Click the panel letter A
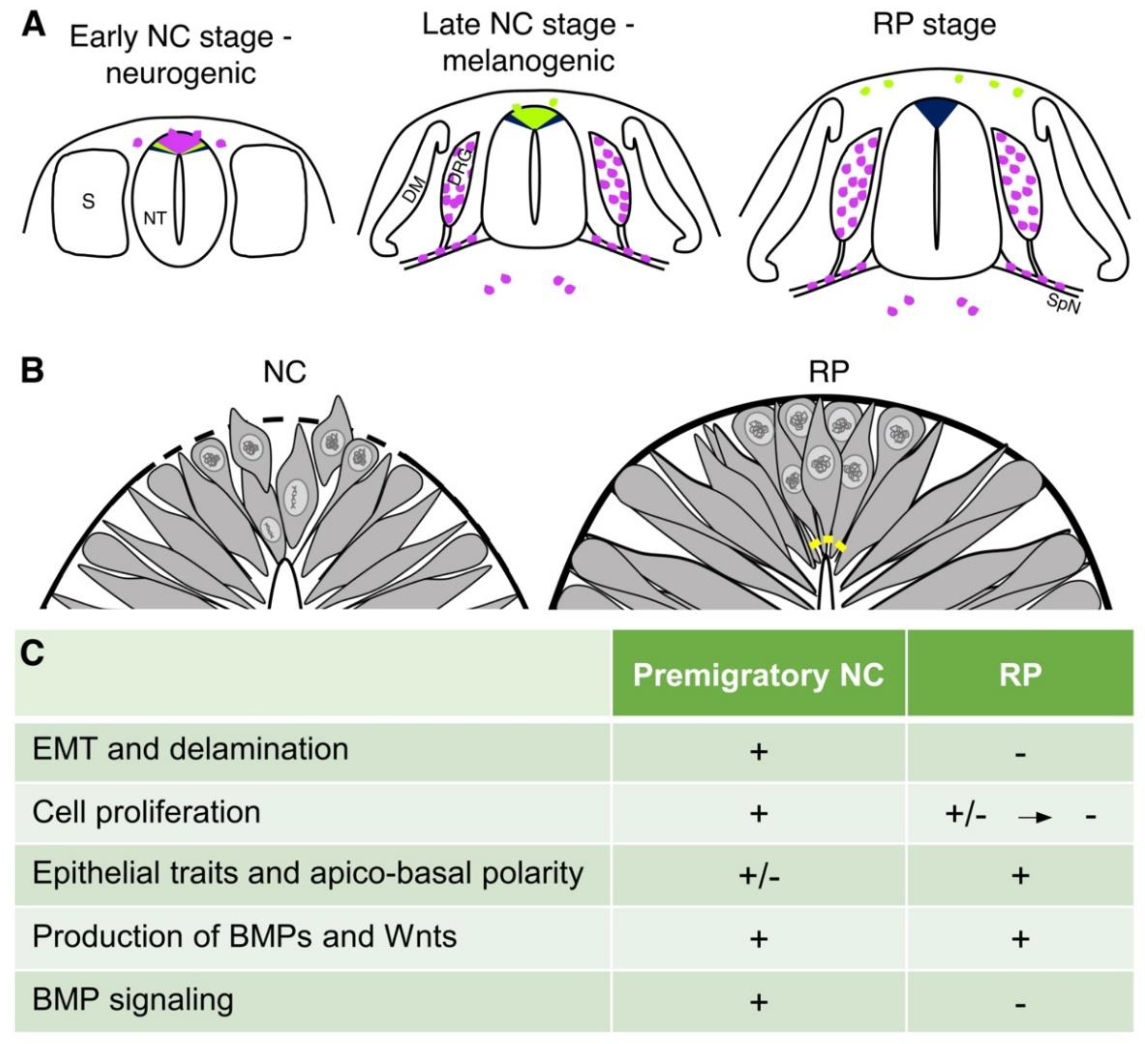click(x=34, y=26)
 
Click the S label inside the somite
click(x=88, y=201)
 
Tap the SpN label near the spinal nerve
click(x=1063, y=304)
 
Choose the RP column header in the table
click(x=1020, y=675)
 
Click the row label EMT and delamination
click(x=190, y=749)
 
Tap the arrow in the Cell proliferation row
click(x=1034, y=817)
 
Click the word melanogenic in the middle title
click(x=528, y=61)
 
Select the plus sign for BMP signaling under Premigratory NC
click(x=759, y=1001)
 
